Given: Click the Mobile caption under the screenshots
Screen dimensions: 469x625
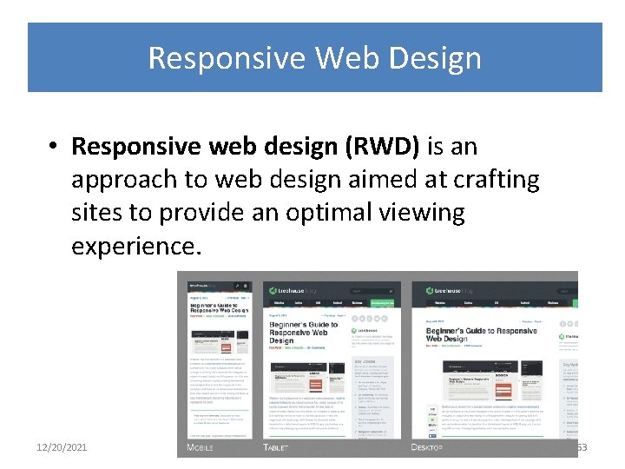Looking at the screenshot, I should tap(201, 447).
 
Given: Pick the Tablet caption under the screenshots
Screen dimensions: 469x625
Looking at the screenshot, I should tap(275, 447).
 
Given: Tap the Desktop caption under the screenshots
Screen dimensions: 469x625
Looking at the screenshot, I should tap(426, 447).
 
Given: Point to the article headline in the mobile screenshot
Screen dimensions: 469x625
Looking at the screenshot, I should tap(219, 307).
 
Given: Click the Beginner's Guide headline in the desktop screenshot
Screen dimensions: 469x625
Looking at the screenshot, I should tap(481, 334).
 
